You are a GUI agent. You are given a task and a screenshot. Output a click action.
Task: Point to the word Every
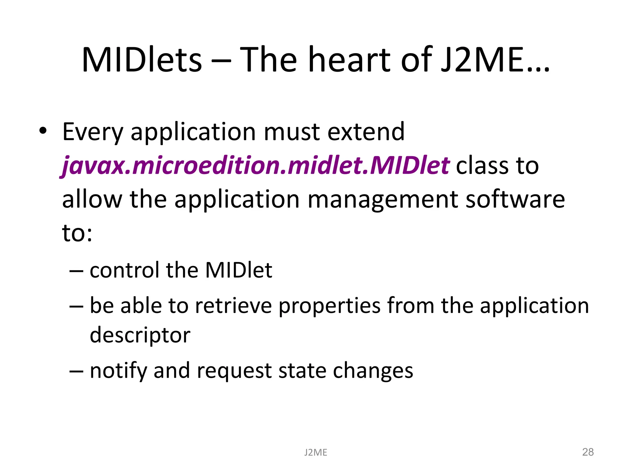pyautogui.click(x=93, y=132)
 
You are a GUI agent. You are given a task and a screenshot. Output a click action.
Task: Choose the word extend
pyautogui.click(x=366, y=131)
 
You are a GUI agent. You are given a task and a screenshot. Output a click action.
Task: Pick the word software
pyautogui.click(x=515, y=199)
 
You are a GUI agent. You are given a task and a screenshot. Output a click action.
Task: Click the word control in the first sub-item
pyautogui.click(x=124, y=270)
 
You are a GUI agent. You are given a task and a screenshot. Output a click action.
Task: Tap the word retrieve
pyautogui.click(x=233, y=306)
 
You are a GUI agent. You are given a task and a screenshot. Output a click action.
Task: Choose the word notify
pyautogui.click(x=118, y=371)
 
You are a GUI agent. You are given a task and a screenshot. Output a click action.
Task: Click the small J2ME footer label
pyautogui.click(x=315, y=452)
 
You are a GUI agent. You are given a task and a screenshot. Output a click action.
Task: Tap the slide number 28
pyautogui.click(x=588, y=452)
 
